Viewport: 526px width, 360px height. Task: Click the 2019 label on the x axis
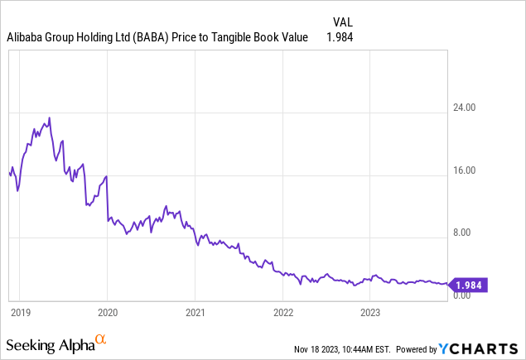21,313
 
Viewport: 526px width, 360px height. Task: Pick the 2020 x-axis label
108,313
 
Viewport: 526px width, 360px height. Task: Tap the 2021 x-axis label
195,313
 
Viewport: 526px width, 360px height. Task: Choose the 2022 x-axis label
283,313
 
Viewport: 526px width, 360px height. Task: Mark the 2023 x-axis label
371,313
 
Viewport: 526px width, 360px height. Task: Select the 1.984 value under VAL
340,37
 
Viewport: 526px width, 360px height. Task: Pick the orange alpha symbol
101,339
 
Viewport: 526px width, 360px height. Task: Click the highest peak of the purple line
50,118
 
